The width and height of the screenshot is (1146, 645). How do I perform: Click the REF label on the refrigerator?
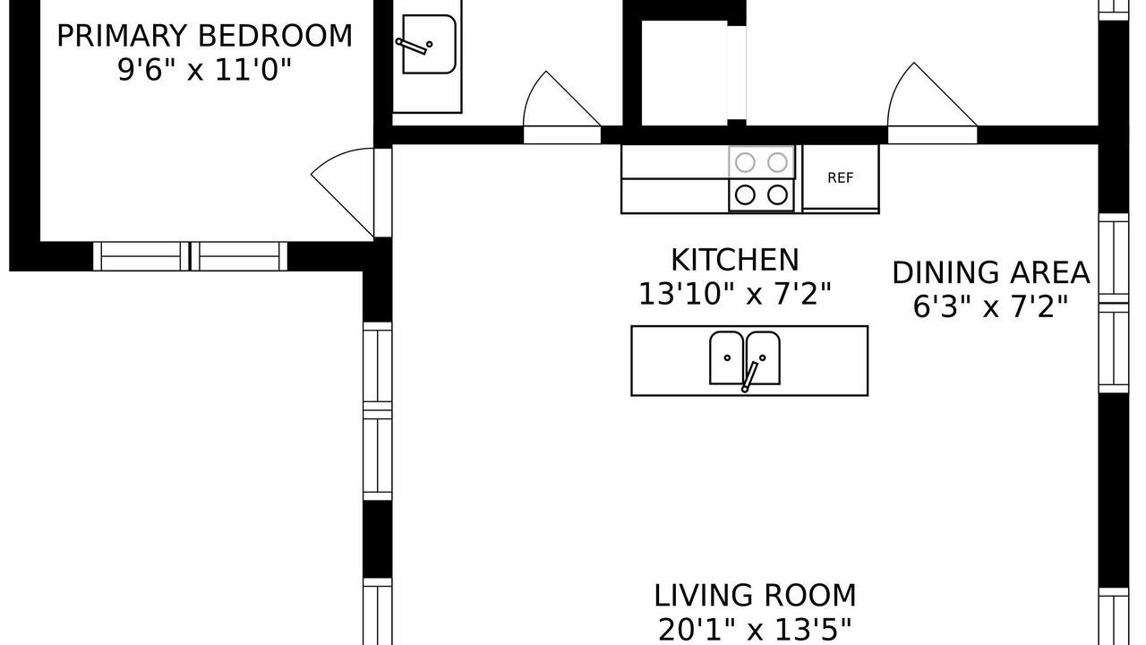coord(840,177)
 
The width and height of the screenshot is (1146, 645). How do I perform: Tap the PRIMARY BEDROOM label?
coord(205,36)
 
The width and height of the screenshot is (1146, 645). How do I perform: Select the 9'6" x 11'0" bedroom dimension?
coord(205,70)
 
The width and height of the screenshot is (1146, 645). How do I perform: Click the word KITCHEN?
coord(735,260)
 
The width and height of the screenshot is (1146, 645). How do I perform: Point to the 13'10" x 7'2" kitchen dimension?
coord(735,294)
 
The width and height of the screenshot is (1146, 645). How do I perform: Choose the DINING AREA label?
coord(991,272)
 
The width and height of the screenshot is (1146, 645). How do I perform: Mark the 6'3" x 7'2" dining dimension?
coord(991,306)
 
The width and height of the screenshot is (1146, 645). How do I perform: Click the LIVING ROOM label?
coord(755,596)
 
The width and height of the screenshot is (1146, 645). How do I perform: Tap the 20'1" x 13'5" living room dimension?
coord(755,630)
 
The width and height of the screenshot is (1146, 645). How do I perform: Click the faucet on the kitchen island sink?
coord(750,376)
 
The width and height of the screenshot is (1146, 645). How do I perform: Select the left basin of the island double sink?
coord(726,357)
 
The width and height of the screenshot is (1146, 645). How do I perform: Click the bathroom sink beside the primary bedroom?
coord(429,44)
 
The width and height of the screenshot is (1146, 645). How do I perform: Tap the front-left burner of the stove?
coord(745,195)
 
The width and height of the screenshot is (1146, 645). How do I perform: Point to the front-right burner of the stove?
coord(777,195)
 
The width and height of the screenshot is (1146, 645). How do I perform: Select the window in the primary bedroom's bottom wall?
coord(190,256)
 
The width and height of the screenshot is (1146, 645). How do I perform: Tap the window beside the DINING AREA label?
coord(1114,303)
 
